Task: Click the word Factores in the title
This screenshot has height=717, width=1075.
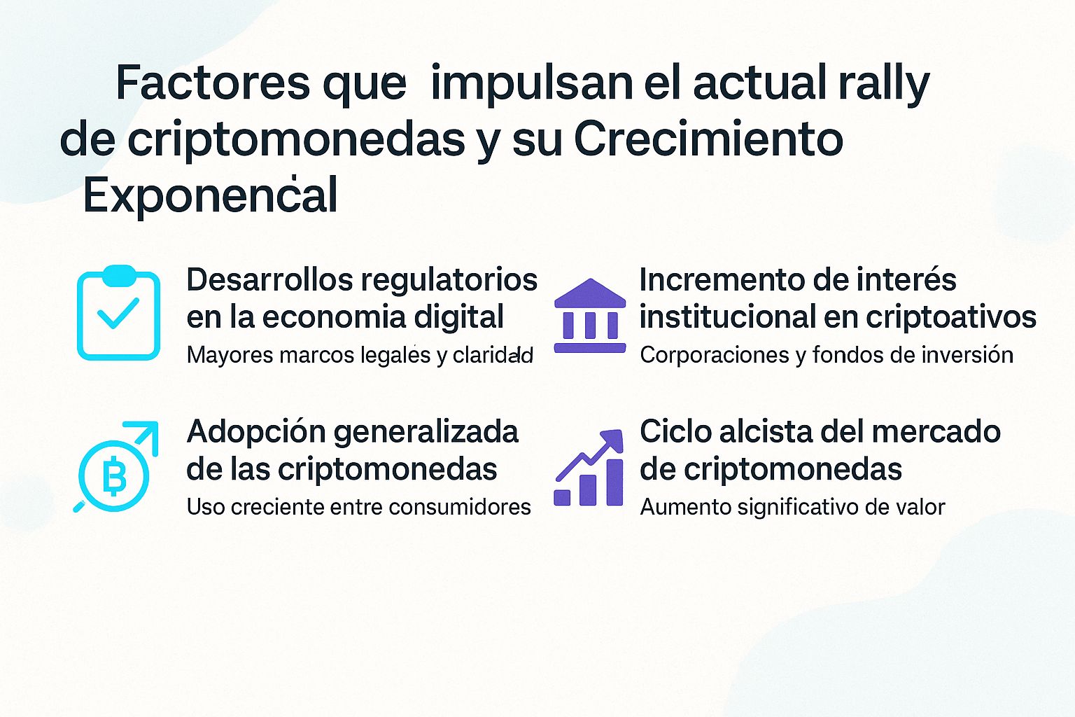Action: (x=212, y=83)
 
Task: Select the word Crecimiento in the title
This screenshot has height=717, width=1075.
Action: (x=708, y=139)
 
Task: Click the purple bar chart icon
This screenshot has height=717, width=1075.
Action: (x=589, y=468)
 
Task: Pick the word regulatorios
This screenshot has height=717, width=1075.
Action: (x=449, y=279)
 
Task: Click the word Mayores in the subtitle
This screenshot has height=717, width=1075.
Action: (x=230, y=355)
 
